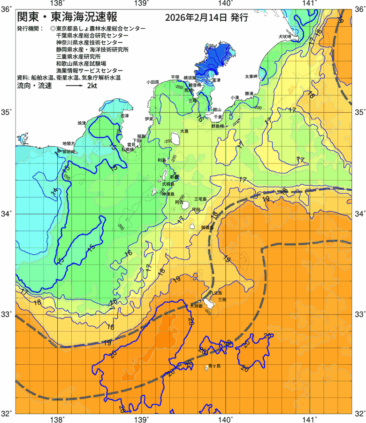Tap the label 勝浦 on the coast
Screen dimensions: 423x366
coord(249,94)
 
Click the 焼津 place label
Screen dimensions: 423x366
coord(82,123)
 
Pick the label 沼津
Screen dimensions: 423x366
coord(124,116)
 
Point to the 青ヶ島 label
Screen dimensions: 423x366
coord(214,366)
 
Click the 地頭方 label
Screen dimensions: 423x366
coord(69,143)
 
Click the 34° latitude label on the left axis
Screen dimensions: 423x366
coord(8,214)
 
